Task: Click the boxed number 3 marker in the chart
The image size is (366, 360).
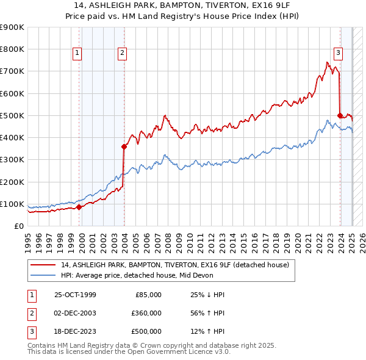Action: click(x=337, y=53)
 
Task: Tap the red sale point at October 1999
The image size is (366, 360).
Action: click(x=79, y=207)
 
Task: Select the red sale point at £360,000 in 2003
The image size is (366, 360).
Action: click(x=124, y=146)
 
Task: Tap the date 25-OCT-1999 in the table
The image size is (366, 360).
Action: click(x=75, y=295)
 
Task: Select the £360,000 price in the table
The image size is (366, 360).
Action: click(x=146, y=313)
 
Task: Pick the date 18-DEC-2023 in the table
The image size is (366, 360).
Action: click(x=75, y=331)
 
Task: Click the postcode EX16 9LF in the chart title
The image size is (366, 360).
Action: click(x=250, y=5)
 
